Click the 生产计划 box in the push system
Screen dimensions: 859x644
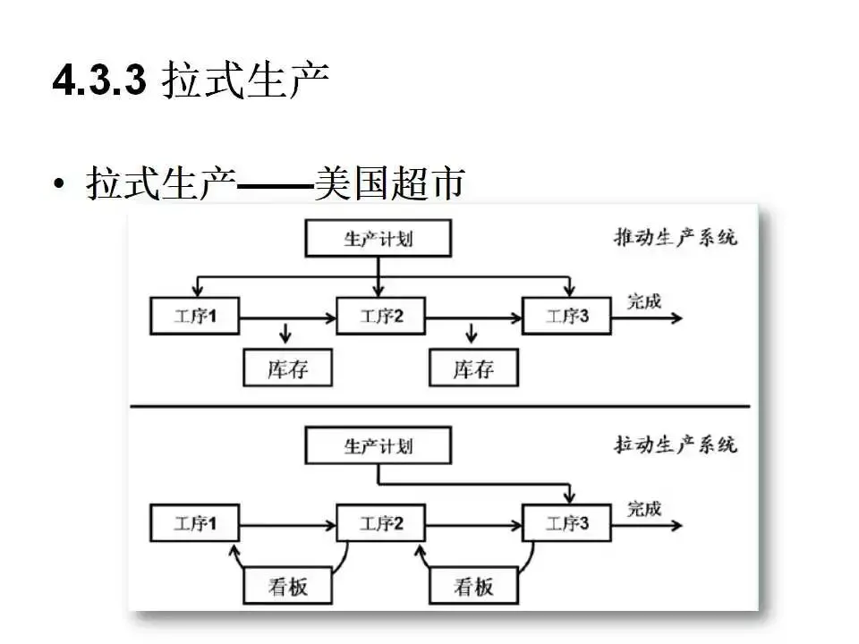click(378, 240)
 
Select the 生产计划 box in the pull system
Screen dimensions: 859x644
click(378, 445)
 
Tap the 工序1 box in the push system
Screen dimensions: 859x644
click(195, 317)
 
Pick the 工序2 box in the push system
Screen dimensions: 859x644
click(381, 317)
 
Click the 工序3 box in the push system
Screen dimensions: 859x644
click(567, 317)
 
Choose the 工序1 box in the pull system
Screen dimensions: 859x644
click(195, 523)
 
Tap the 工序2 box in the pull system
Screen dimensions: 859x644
click(381, 523)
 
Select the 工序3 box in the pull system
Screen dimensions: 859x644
click(567, 523)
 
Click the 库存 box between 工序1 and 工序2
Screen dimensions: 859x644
click(287, 368)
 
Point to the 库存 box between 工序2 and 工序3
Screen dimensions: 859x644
click(473, 368)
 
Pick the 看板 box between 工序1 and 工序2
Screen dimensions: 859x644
click(287, 586)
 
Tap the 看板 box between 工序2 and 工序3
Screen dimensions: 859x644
click(473, 586)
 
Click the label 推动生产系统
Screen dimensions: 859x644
click(675, 238)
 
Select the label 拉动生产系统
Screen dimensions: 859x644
click(675, 444)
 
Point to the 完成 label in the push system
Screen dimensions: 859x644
click(643, 301)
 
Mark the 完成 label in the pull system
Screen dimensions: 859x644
click(643, 508)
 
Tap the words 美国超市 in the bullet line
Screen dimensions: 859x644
click(390, 183)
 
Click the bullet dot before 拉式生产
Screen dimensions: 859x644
click(59, 185)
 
